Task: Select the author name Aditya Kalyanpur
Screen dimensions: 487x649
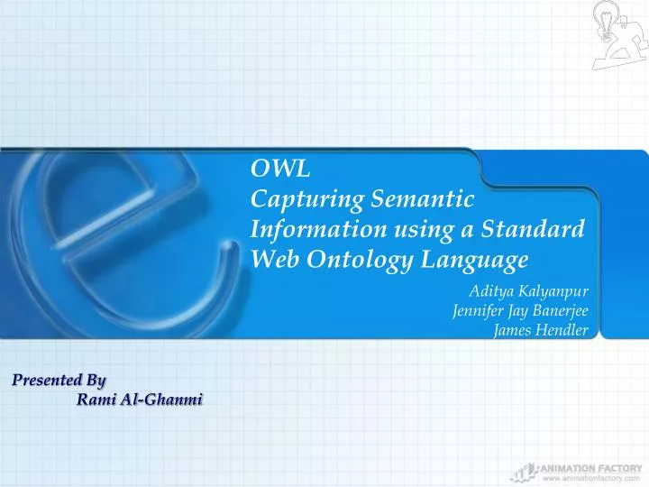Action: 528,291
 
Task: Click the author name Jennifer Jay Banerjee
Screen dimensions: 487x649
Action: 519,311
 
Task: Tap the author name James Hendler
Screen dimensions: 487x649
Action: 541,330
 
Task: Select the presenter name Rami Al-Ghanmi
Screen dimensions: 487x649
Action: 139,400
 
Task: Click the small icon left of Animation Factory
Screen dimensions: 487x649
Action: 520,471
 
